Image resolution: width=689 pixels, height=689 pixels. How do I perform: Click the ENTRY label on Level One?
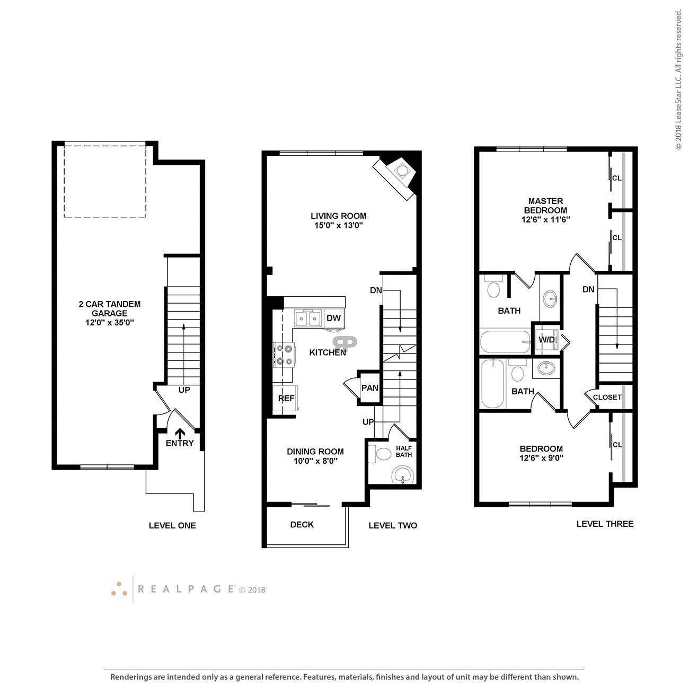tap(180, 443)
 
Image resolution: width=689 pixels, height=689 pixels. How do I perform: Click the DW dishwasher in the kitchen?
tap(333, 318)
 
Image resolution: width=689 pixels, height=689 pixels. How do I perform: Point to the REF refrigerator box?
tap(286, 398)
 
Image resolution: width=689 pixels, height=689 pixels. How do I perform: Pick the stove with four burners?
tap(284, 355)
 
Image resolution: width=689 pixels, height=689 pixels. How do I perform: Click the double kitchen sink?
tap(307, 318)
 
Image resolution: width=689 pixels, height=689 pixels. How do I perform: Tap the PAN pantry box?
tap(369, 387)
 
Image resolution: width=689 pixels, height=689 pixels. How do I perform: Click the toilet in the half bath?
tap(381, 455)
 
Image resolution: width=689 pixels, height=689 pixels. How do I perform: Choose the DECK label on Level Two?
tap(302, 525)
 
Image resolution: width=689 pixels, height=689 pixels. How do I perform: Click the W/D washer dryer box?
tap(546, 339)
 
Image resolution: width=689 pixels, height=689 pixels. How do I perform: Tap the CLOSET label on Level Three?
tap(607, 397)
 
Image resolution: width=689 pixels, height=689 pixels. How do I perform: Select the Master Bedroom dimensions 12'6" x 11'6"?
tap(545, 219)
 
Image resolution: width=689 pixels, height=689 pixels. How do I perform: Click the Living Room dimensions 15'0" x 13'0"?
tap(338, 225)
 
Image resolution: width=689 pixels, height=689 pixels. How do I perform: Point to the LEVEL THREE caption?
tap(605, 524)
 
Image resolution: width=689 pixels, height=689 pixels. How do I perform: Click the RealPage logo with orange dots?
tap(119, 589)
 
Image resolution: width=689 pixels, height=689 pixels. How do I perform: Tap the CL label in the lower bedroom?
tap(617, 445)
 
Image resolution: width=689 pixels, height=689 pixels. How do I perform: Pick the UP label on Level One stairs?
tap(184, 390)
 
